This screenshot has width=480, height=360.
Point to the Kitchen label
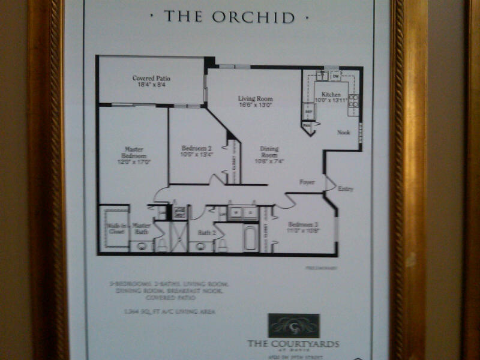point(331,95)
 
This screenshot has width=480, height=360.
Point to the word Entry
point(345,189)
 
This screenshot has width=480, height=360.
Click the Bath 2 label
point(206,231)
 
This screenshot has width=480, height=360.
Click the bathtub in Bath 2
point(250,237)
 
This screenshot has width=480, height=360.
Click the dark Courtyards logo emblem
point(293,326)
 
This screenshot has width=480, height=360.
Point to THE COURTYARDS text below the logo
point(293,344)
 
